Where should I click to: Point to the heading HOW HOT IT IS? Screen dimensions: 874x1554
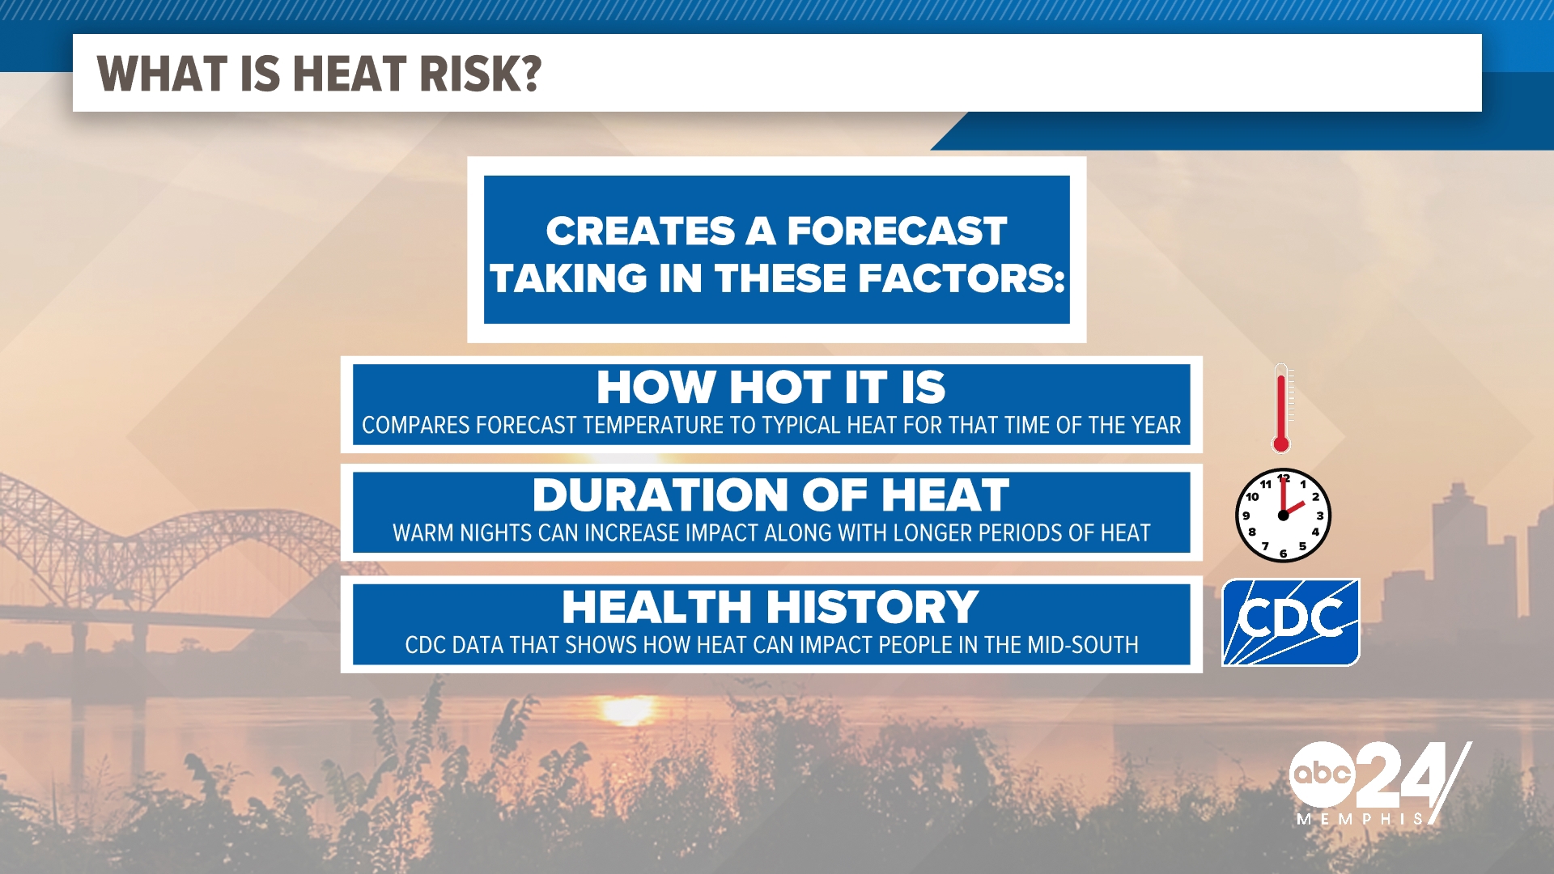(x=771, y=387)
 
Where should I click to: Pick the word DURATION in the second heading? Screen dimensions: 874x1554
(x=660, y=494)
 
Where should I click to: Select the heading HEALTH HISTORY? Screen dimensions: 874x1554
(x=771, y=607)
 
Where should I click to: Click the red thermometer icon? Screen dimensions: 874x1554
(x=1281, y=407)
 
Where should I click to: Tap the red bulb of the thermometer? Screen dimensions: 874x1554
(x=1280, y=443)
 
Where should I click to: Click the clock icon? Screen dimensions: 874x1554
(x=1283, y=515)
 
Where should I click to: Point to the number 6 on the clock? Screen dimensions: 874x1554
(x=1283, y=554)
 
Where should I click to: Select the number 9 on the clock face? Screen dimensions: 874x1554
(x=1246, y=515)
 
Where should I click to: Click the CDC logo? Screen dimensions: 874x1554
(x=1290, y=622)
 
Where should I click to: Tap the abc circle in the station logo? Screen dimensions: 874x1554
(x=1322, y=773)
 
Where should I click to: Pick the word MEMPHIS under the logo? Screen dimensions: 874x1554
(x=1360, y=819)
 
